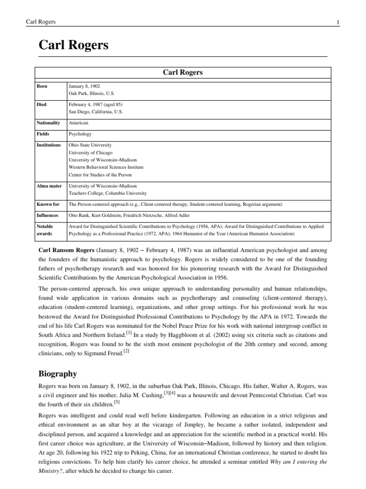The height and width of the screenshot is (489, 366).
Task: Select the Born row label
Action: coord(43,86)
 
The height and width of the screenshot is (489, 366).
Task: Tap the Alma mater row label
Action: coord(49,186)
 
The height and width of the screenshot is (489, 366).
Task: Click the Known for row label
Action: coord(48,204)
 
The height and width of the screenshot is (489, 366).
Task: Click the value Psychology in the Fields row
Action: coord(80,134)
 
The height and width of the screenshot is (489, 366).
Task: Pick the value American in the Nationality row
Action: coord(79,123)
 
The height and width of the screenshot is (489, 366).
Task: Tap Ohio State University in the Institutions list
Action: coord(90,145)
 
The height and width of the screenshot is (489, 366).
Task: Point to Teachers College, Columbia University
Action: coord(108,193)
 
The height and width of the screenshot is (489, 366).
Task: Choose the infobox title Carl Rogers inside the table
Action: coord(183,72)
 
